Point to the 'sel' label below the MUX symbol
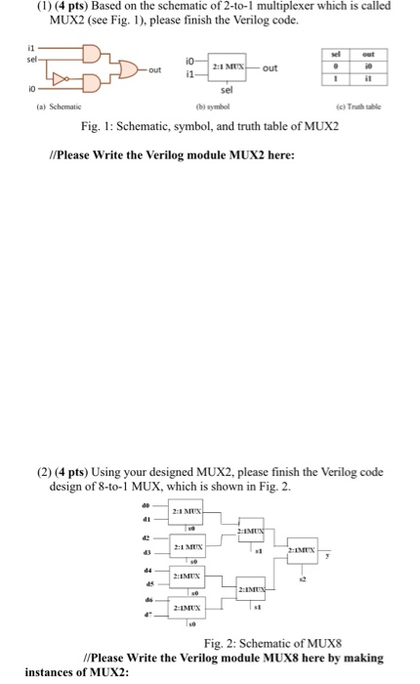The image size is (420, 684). pos(237,93)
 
